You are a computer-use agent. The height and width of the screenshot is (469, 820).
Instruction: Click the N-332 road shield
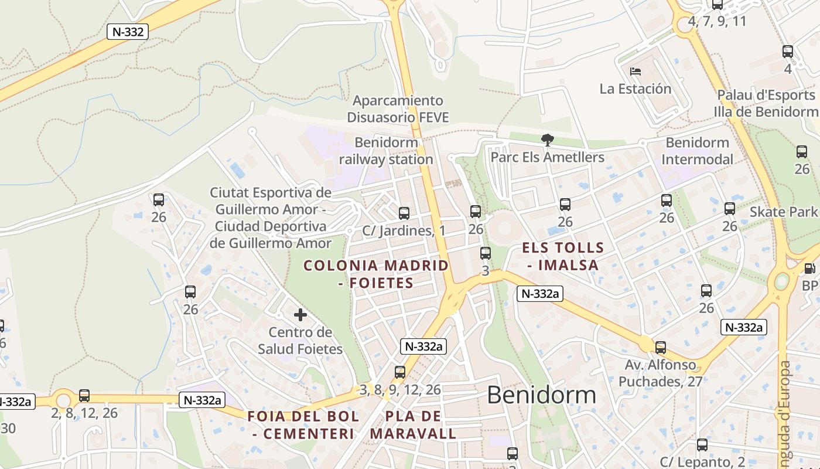point(127,32)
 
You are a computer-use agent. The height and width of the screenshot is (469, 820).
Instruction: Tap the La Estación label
point(635,89)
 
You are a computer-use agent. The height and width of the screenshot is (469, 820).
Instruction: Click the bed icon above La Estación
point(635,72)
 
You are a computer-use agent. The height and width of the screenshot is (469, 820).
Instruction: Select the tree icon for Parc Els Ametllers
point(547,140)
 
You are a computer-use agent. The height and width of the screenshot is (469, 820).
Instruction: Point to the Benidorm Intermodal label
point(697,151)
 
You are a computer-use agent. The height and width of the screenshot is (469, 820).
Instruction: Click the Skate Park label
point(783,212)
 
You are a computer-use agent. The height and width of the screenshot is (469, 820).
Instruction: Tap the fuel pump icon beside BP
point(809,269)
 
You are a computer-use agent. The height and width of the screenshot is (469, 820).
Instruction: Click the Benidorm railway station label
point(387,151)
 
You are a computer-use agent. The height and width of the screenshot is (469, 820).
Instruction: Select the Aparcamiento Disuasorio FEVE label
point(398,109)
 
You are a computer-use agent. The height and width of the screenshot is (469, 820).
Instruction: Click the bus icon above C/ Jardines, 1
point(404,213)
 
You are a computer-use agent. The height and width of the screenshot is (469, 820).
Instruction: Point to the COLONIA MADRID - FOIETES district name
point(376,274)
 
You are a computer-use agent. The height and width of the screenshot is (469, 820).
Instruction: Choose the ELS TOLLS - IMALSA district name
point(562,256)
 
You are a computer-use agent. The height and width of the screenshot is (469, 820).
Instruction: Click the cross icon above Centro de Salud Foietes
point(300,315)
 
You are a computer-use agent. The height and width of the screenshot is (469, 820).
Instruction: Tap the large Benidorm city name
point(541,395)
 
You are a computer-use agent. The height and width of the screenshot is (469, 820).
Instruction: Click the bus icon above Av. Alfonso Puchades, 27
point(660,348)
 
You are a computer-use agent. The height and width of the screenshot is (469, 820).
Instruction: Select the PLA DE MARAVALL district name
point(413,425)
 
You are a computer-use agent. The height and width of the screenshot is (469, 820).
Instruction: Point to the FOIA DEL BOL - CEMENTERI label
point(303,425)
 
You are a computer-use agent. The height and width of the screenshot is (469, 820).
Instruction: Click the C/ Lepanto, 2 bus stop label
point(702,461)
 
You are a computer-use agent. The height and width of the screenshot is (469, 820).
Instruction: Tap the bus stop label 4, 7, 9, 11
point(717,22)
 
